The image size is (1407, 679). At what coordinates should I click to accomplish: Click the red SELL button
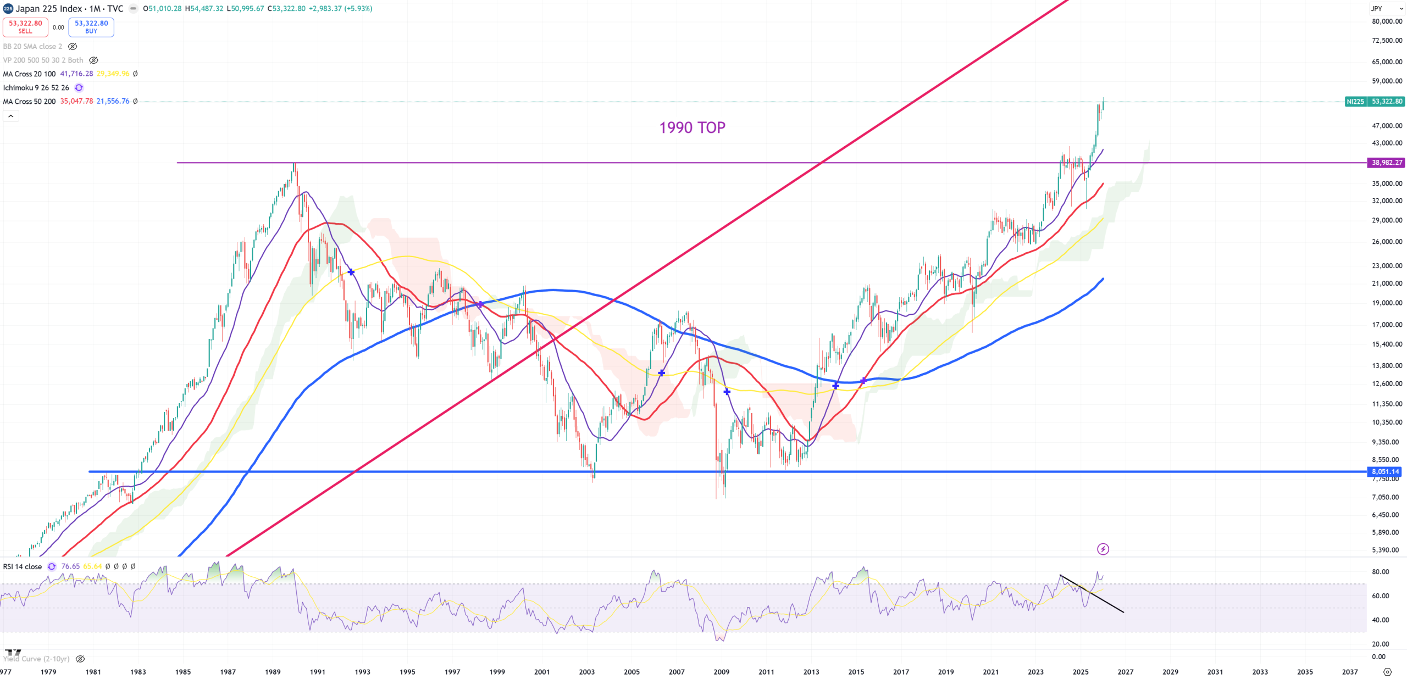point(25,27)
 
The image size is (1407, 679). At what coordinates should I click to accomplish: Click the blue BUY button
point(91,27)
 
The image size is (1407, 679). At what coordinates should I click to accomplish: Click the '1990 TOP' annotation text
point(692,127)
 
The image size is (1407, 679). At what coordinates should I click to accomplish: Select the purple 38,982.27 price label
point(1387,163)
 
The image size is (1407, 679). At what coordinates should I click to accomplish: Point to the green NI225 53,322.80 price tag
point(1375,102)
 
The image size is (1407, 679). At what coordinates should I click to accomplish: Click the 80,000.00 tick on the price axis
point(1387,21)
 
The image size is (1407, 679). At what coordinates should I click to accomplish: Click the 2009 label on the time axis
point(721,672)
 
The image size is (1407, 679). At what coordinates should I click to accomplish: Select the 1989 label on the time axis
point(273,672)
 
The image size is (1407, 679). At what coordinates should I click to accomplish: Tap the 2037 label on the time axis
point(1349,672)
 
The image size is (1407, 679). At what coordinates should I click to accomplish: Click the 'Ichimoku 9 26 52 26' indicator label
point(36,88)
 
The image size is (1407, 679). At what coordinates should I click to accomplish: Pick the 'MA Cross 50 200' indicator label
point(30,102)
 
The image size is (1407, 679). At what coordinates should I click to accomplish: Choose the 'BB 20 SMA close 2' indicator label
point(33,47)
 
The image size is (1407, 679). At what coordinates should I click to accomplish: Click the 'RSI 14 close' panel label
point(23,566)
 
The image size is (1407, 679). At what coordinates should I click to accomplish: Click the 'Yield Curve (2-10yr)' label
point(36,659)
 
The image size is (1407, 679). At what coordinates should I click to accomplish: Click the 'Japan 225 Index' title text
point(48,8)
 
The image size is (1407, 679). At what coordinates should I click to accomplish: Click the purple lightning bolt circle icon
point(1103,549)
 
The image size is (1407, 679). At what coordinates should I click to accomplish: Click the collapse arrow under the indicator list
point(11,116)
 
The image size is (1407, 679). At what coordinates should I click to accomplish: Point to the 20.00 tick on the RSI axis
point(1380,644)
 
